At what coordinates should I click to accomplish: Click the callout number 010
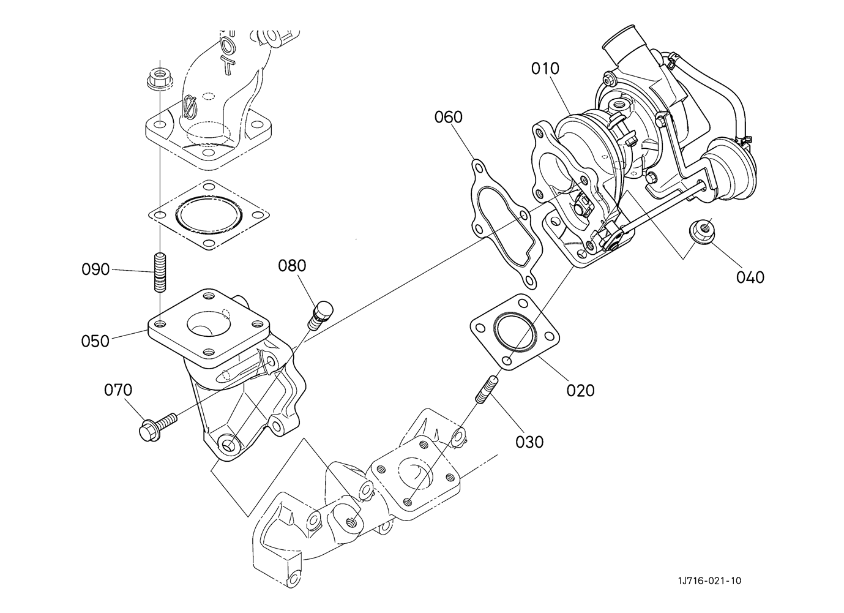click(x=545, y=69)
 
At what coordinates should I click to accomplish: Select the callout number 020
click(x=581, y=391)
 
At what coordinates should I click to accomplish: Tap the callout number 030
click(x=529, y=442)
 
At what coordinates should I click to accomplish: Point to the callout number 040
click(x=750, y=277)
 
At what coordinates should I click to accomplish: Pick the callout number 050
click(x=95, y=341)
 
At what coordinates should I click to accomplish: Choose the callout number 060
click(x=449, y=117)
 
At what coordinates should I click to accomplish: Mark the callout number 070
click(x=118, y=390)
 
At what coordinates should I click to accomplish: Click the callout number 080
click(x=292, y=266)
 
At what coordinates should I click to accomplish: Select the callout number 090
click(x=95, y=269)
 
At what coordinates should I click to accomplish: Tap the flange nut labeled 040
click(x=702, y=232)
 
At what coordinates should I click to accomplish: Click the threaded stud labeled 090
click(x=160, y=272)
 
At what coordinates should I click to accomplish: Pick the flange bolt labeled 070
click(x=157, y=427)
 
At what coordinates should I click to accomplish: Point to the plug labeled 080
click(x=320, y=314)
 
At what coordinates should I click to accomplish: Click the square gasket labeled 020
click(x=515, y=332)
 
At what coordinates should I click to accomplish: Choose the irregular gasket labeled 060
click(x=507, y=224)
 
